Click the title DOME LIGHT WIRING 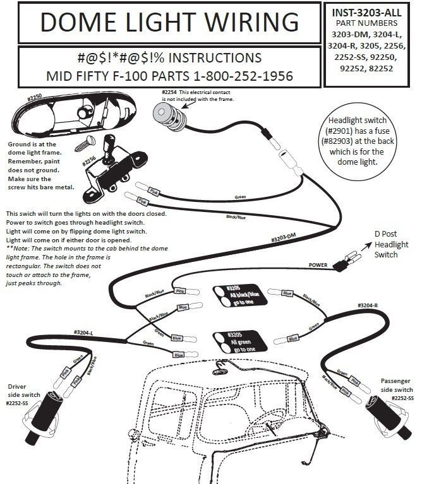[x=169, y=23]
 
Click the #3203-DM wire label [x=284, y=239]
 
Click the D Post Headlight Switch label [x=391, y=245]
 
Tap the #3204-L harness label [x=85, y=332]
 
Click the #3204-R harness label [x=367, y=305]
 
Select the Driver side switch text [x=23, y=390]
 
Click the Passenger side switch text [x=397, y=386]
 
